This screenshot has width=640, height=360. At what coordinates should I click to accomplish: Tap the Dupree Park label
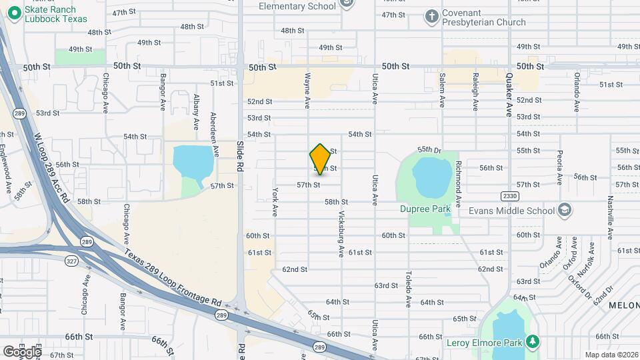(425, 209)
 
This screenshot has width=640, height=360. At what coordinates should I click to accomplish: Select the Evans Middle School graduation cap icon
(565, 211)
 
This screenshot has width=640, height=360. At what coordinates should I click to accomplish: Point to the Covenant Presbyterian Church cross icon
(431, 16)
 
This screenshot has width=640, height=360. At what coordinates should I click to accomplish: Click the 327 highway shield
(71, 263)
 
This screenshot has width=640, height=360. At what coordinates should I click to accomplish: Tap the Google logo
(23, 351)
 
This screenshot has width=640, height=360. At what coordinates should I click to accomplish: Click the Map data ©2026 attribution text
(611, 355)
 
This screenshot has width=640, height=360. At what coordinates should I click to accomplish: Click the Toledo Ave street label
(409, 288)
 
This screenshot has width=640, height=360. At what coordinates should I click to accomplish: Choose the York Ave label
(275, 201)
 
